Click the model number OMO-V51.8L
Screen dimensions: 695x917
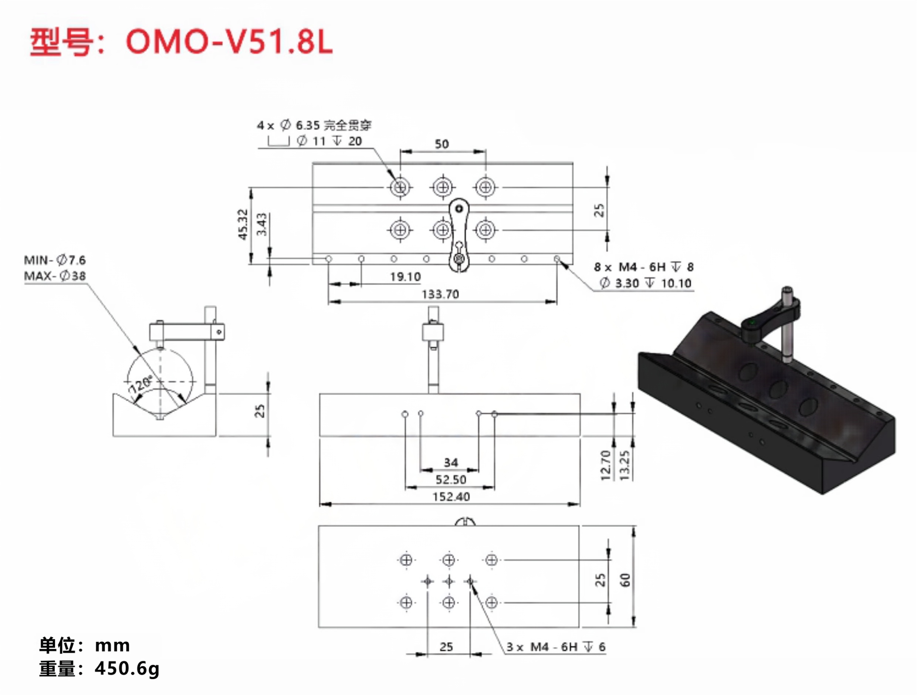tap(229, 42)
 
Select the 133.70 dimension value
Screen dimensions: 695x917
tap(440, 294)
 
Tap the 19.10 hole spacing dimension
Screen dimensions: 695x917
tap(405, 277)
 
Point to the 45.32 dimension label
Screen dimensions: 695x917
tap(243, 224)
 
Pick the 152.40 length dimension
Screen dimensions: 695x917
tap(451, 496)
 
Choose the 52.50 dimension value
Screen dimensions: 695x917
tap(451, 479)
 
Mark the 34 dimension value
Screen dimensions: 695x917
tap(451, 462)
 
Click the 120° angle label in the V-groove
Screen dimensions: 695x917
tap(141, 384)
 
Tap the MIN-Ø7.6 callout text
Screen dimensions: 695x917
tap(55, 260)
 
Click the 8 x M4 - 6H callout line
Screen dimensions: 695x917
tap(643, 267)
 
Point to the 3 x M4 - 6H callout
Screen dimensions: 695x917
tap(555, 647)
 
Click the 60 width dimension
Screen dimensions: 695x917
tap(625, 580)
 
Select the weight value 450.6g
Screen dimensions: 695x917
tap(127, 668)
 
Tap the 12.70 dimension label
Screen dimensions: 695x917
tap(606, 465)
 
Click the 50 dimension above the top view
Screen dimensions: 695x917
tap(441, 144)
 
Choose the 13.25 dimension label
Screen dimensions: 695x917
tap(624, 465)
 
